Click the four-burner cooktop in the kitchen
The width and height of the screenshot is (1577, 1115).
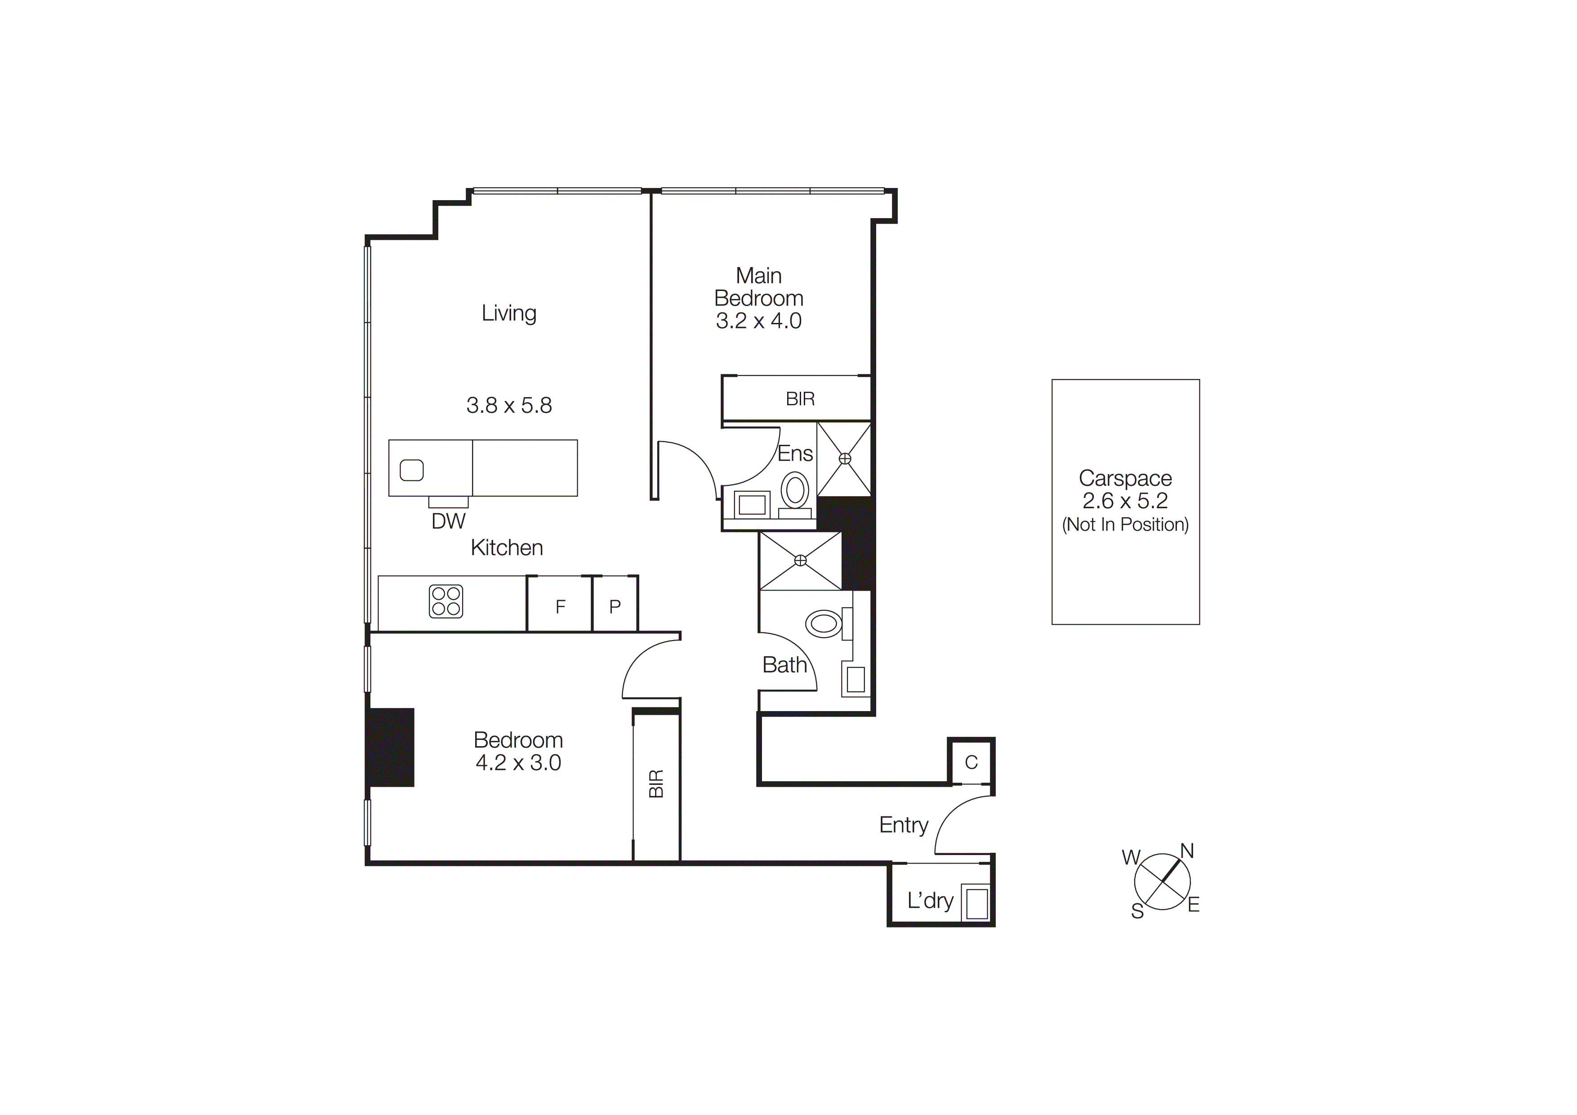(446, 601)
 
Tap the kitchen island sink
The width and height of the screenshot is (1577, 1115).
(411, 470)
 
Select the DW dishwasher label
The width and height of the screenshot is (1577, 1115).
(449, 521)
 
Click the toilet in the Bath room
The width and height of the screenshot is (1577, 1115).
(824, 624)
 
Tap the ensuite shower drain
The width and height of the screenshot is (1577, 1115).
(845, 458)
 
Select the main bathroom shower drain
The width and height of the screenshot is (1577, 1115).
(800, 560)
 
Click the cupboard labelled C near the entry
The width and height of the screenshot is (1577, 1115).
(971, 762)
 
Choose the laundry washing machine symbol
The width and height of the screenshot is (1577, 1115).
(976, 903)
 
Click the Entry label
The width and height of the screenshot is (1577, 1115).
(903, 824)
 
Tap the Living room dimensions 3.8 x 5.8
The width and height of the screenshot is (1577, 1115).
(509, 405)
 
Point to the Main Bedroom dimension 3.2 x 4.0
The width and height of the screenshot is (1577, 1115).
(758, 321)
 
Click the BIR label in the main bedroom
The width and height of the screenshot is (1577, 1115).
(800, 399)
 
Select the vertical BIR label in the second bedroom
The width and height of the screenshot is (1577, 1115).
(656, 783)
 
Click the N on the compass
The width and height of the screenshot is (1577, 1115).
(1187, 851)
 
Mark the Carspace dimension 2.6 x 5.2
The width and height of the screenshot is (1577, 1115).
(1125, 501)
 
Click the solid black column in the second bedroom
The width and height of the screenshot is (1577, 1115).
(390, 747)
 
